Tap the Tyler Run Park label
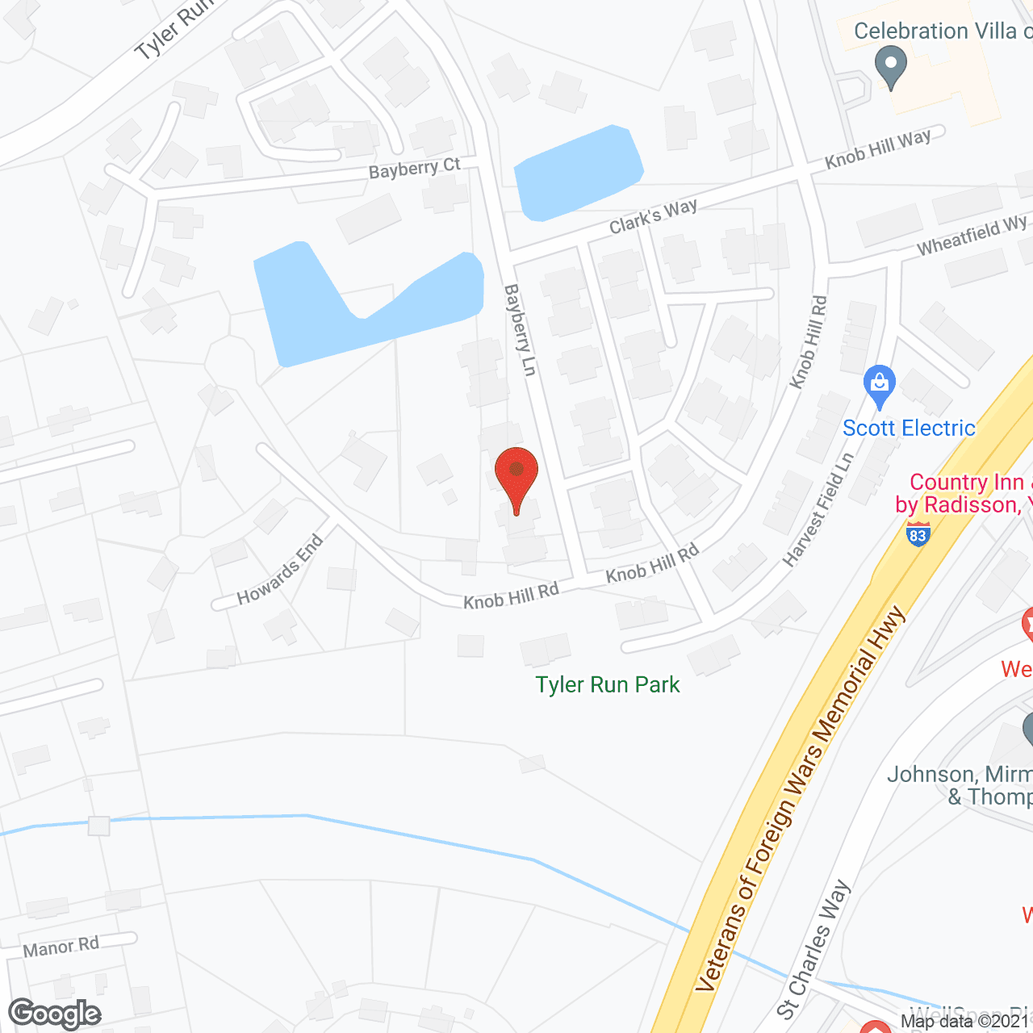[608, 685]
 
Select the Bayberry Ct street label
[414, 169]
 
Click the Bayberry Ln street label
[521, 329]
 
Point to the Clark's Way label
[653, 215]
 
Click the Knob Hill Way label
[878, 149]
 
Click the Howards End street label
[280, 571]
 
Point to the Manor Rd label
[61, 947]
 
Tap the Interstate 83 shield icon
[918, 533]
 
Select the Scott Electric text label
[909, 428]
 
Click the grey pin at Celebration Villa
[891, 66]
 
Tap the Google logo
[55, 1014]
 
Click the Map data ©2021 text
[964, 1022]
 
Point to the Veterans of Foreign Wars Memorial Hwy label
[801, 798]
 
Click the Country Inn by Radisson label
[964, 493]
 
